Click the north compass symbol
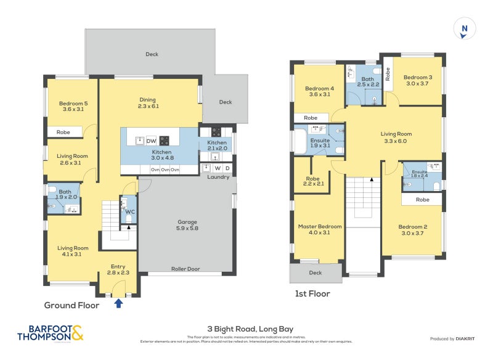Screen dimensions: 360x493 pyautogui.click(x=463, y=29)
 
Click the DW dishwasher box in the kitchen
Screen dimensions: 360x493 pyautogui.click(x=151, y=141)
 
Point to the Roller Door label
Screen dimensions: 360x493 pyautogui.click(x=185, y=268)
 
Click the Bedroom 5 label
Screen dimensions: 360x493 pyautogui.click(x=72, y=106)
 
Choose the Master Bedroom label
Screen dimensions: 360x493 pyautogui.click(x=319, y=230)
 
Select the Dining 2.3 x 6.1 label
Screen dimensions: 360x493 pyautogui.click(x=147, y=103)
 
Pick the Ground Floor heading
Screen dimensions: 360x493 pyautogui.click(x=71, y=305)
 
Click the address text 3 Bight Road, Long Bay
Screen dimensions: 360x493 pyautogui.click(x=246, y=330)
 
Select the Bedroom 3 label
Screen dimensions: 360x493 pyautogui.click(x=418, y=81)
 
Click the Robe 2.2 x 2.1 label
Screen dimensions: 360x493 pyautogui.click(x=312, y=182)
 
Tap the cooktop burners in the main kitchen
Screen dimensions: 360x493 pyautogui.click(x=165, y=140)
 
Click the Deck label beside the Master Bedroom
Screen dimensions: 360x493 pyautogui.click(x=315, y=272)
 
